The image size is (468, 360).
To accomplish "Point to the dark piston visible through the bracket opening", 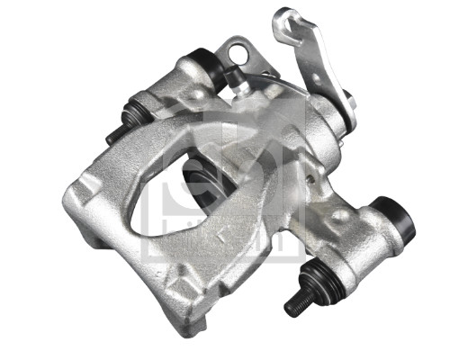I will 200,175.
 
